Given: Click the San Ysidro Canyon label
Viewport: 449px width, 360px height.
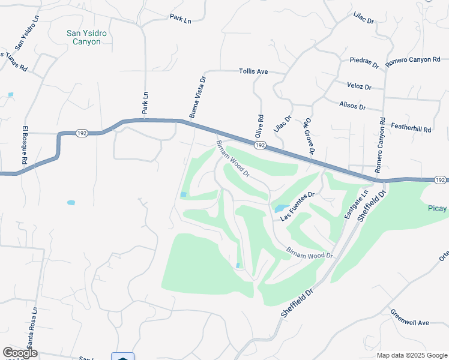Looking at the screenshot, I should [x=86, y=38].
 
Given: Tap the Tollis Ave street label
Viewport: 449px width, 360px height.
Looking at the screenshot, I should [x=253, y=71].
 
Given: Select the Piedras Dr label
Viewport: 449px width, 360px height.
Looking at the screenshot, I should [x=364, y=62].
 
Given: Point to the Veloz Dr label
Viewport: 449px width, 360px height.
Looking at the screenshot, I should [x=359, y=86].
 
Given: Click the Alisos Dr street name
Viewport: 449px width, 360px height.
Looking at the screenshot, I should [x=352, y=106].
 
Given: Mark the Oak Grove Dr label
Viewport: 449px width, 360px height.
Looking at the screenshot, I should [x=309, y=135].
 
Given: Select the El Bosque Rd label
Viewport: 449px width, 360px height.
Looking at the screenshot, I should [x=25, y=145].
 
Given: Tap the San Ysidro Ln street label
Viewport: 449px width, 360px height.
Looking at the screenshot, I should [x=26, y=32].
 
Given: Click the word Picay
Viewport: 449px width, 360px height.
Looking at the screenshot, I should [x=438, y=208].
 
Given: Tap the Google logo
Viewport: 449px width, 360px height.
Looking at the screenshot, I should [x=20, y=353].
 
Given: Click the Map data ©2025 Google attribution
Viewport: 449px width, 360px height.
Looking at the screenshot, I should [x=411, y=355].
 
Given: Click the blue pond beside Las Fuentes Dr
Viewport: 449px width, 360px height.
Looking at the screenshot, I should [x=280, y=209].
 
